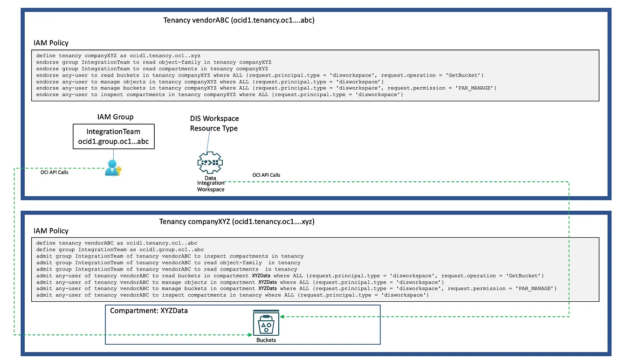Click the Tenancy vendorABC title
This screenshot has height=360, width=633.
click(x=239, y=20)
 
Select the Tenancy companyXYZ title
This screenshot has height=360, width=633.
click(x=237, y=222)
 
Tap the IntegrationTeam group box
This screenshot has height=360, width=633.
click(x=113, y=137)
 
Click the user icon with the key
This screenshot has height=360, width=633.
click(x=112, y=168)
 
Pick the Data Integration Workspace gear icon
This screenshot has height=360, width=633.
click(x=210, y=163)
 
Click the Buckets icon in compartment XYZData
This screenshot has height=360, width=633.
click(x=266, y=323)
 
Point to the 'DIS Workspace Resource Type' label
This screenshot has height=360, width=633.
click(x=214, y=124)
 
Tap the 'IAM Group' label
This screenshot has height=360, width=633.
click(x=112, y=117)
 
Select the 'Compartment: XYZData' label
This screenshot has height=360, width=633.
click(x=149, y=310)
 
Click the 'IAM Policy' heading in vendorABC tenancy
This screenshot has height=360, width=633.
click(x=51, y=43)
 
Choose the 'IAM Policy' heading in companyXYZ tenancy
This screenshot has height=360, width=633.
click(x=51, y=231)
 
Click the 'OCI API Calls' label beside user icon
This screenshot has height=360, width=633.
click(x=55, y=172)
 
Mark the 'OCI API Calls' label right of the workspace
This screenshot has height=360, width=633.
click(x=266, y=175)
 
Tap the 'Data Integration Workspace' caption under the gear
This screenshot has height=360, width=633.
click(x=211, y=184)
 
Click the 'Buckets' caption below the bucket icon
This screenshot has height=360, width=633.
click(x=266, y=340)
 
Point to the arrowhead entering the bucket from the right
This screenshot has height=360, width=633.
click(x=282, y=317)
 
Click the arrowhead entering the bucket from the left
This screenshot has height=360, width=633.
click(x=250, y=335)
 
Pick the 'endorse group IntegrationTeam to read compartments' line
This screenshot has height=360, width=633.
click(x=152, y=69)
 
